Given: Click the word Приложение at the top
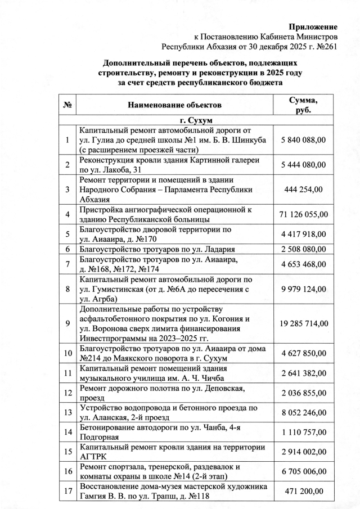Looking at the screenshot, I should pos(313,26).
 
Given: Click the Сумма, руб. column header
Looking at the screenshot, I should pos(303,105).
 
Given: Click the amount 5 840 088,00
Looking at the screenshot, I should pos(303,139).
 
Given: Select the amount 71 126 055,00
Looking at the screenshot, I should pos(303,214).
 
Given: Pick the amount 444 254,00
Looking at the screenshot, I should pos(303,190).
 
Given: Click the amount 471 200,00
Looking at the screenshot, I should pos(303,491).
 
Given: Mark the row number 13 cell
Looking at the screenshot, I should pos(67,412).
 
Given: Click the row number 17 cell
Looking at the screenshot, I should pos(67,491).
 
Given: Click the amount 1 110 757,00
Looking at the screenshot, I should pos(303,432).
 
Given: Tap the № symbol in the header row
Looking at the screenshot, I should pos(67,105).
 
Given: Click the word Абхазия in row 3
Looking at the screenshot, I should pos(94,199).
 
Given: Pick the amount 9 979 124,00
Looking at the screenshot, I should pos(303,289).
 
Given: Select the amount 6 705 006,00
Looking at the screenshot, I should pos(303,471).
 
